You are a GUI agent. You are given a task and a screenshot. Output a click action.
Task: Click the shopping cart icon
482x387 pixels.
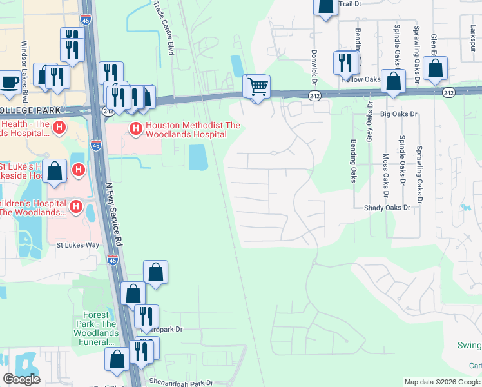(x=257, y=86)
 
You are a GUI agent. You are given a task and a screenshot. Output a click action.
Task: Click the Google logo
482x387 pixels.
(x=21, y=379)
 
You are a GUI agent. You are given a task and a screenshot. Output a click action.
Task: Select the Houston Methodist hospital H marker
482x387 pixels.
(x=136, y=129)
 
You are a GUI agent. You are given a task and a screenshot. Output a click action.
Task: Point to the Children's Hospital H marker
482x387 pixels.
(x=76, y=207)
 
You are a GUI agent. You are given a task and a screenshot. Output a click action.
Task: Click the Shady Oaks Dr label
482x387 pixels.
(x=387, y=208)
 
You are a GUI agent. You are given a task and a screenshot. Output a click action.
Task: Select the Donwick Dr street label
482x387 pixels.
(x=315, y=67)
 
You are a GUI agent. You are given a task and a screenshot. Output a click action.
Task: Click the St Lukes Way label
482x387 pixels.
(x=78, y=245)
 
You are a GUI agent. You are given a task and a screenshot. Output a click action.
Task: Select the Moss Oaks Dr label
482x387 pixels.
(x=386, y=175)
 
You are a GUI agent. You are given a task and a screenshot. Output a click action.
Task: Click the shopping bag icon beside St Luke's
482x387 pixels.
(x=55, y=172)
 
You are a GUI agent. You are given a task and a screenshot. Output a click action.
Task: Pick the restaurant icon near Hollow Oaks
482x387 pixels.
(x=345, y=63)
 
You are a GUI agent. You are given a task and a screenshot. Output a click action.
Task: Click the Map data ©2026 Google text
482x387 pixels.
(x=442, y=382)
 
